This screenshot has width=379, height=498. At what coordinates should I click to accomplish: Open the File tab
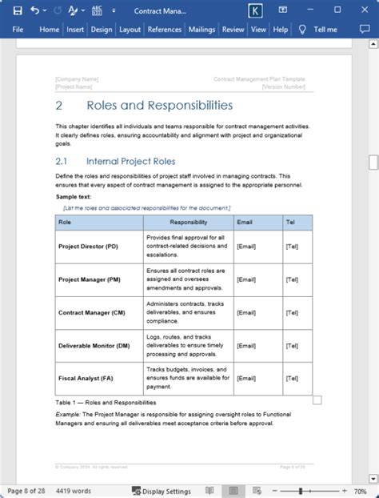pos(18,30)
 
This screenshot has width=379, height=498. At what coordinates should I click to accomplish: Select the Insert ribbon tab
pos(75,30)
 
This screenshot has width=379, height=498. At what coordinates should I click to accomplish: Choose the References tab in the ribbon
pos(164,30)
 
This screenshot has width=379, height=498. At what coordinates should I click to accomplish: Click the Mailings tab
pos(201,30)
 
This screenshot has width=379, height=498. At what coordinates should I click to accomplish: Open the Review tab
pos(233,30)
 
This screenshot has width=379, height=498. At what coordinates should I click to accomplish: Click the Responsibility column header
pos(188,222)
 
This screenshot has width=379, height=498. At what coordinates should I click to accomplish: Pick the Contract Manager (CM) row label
pos(91,312)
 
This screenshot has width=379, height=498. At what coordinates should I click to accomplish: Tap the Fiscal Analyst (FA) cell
pos(84,377)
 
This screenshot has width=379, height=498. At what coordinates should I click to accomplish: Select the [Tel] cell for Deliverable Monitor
pos(292,345)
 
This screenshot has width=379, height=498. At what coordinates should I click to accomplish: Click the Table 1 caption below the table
pos(106,402)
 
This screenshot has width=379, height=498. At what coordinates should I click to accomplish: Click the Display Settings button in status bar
pos(162,491)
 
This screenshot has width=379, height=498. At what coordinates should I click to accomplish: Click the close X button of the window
pos(365,10)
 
